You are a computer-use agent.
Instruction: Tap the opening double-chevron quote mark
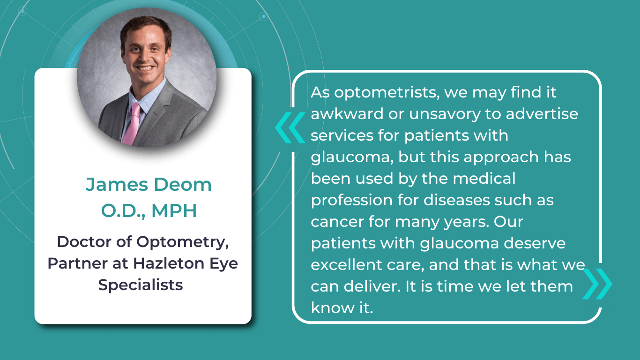tap(290, 127)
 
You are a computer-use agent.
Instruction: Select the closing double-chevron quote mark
tap(597, 284)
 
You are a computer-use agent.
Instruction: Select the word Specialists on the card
tap(141, 285)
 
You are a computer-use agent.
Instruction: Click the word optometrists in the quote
tap(385, 92)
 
